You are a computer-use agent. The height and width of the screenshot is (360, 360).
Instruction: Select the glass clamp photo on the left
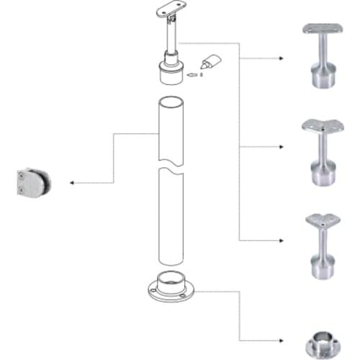click(32, 183)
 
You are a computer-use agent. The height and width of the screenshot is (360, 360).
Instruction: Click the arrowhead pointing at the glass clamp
click(73, 183)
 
